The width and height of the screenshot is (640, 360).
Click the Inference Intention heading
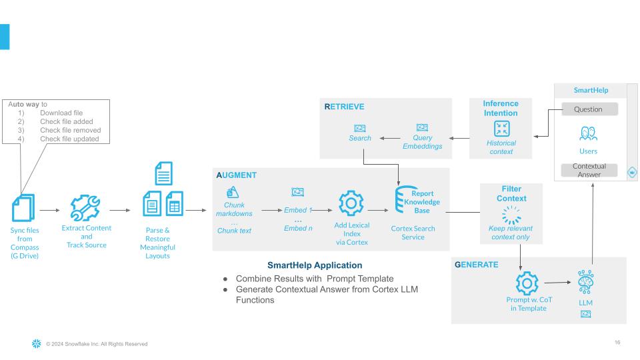(x=501, y=107)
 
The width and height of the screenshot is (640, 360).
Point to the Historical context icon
(x=501, y=128)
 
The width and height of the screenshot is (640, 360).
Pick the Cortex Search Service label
(x=413, y=233)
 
